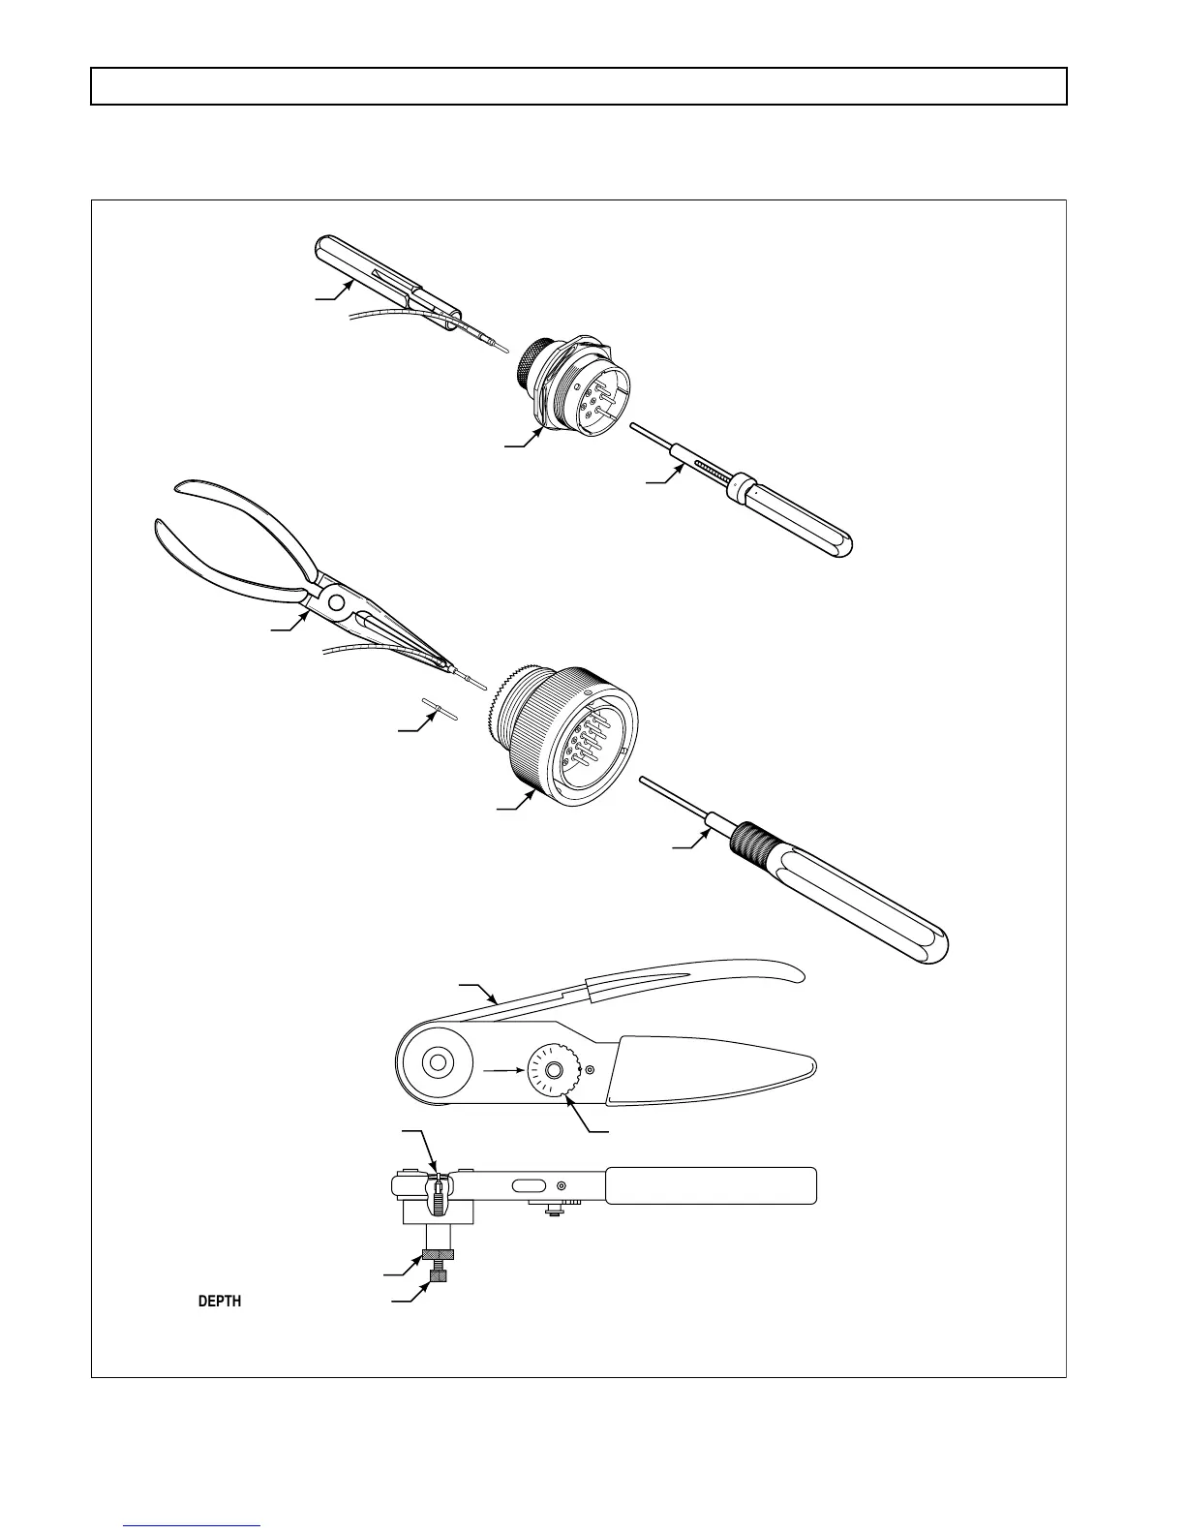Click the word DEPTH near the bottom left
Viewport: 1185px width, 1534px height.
219,1302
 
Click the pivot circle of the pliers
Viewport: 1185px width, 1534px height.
335,602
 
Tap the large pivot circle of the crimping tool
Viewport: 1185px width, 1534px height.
437,1063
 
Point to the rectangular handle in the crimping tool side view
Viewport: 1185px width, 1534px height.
712,1185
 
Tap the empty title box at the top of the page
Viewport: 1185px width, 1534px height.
579,86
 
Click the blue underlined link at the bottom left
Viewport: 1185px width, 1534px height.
193,1525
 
